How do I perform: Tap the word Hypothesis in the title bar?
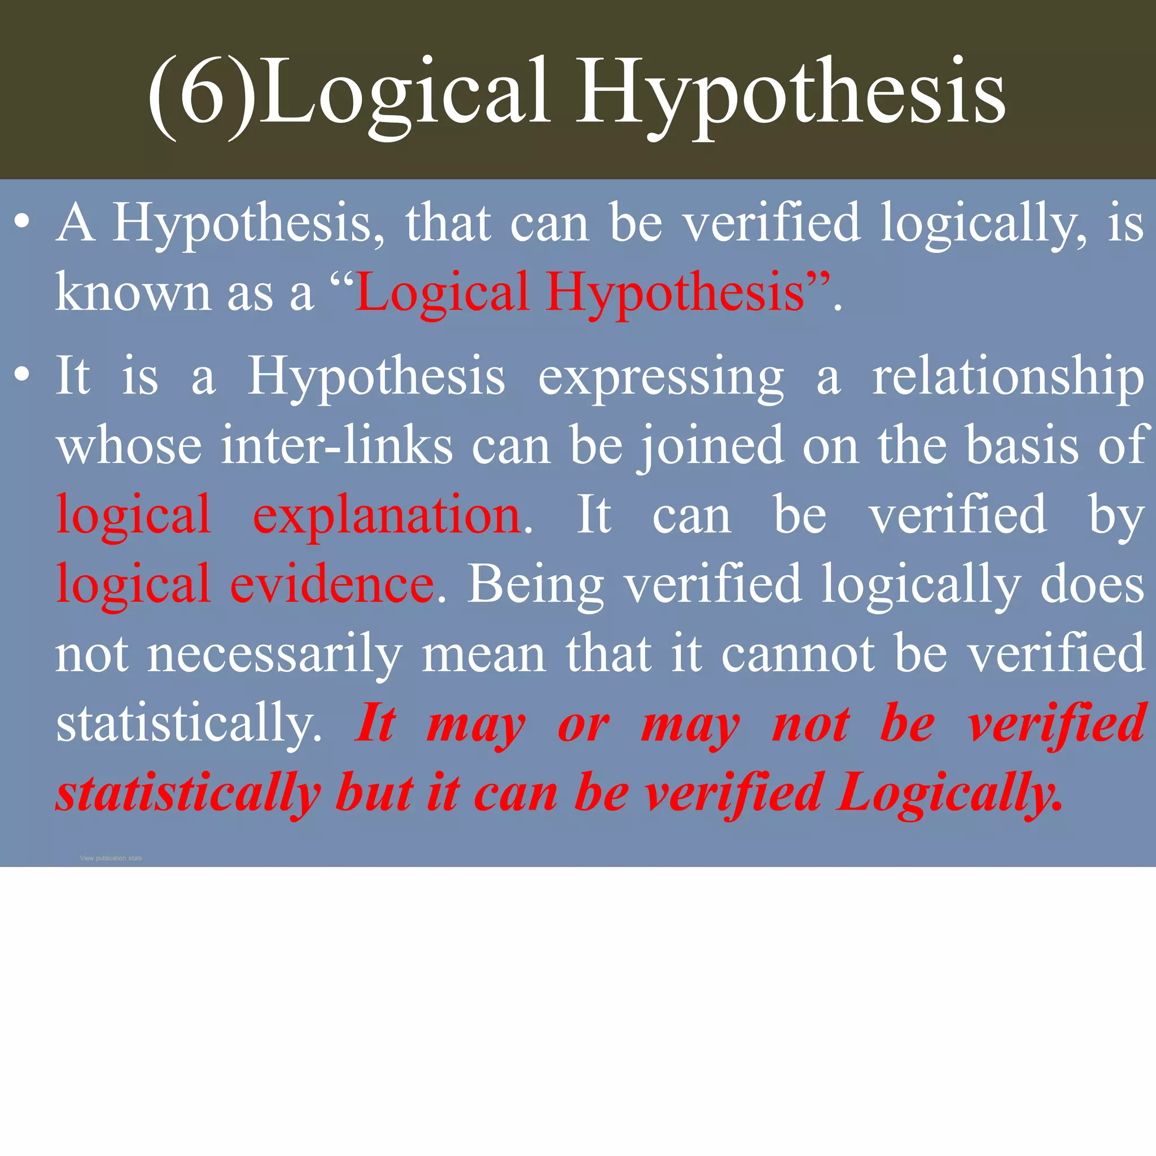(790, 96)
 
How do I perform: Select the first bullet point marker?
(22, 222)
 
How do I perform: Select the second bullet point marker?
(22, 375)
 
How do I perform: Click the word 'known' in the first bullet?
(133, 292)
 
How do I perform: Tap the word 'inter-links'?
(337, 446)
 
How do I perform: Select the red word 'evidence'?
(332, 585)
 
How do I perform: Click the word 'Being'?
(536, 585)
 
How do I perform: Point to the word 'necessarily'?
(275, 655)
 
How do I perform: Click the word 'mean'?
(484, 655)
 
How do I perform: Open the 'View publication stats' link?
(111, 858)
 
